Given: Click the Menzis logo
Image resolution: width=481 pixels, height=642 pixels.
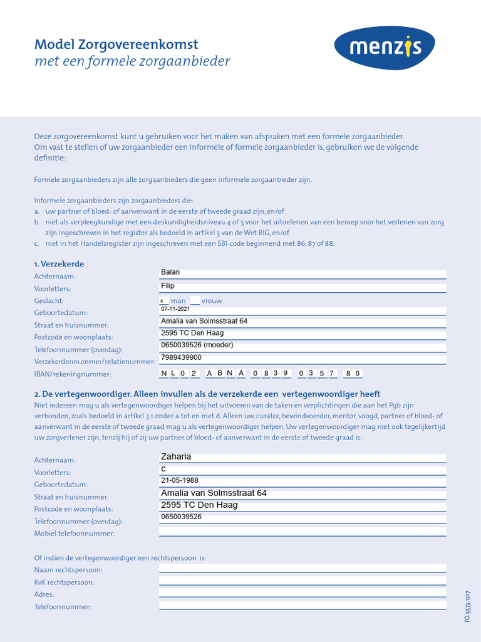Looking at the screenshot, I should pyautogui.click(x=385, y=48).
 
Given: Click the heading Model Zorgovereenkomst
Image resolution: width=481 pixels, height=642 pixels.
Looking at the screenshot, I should pyautogui.click(x=116, y=45).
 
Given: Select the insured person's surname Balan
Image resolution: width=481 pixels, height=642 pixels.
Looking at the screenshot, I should pyautogui.click(x=170, y=273).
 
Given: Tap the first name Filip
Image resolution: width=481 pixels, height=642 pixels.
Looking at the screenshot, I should pyautogui.click(x=168, y=286).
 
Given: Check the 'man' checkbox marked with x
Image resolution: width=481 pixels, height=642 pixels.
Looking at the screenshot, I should pyautogui.click(x=163, y=301).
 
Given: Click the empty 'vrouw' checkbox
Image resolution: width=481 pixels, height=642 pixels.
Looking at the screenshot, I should pyautogui.click(x=195, y=301).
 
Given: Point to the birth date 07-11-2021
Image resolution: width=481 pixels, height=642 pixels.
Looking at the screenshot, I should pyautogui.click(x=175, y=309).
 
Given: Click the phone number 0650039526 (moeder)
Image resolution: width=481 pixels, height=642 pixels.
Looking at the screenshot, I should pyautogui.click(x=197, y=345).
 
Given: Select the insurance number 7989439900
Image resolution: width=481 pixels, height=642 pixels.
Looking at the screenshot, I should pyautogui.click(x=181, y=357).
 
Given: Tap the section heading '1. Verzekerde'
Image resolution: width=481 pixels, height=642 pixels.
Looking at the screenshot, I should pyautogui.click(x=59, y=264).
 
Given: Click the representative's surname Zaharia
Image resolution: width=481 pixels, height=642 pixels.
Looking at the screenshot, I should pyautogui.click(x=176, y=456).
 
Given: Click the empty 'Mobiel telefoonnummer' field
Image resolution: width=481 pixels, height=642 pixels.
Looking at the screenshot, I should pyautogui.click(x=303, y=532).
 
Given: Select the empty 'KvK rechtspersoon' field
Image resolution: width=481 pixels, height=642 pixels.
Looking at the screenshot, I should pyautogui.click(x=303, y=581).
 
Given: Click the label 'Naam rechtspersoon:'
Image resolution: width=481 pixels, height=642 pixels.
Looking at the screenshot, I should pyautogui.click(x=68, y=570).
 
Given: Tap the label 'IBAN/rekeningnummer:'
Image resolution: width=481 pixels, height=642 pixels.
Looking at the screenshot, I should pyautogui.click(x=72, y=374).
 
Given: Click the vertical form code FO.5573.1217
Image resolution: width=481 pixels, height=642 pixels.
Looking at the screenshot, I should pyautogui.click(x=467, y=606).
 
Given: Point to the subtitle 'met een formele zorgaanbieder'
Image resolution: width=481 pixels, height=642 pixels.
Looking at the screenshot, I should pyautogui.click(x=132, y=61).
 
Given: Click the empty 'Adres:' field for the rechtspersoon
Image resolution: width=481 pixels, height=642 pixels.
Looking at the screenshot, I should pyautogui.click(x=303, y=592).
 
